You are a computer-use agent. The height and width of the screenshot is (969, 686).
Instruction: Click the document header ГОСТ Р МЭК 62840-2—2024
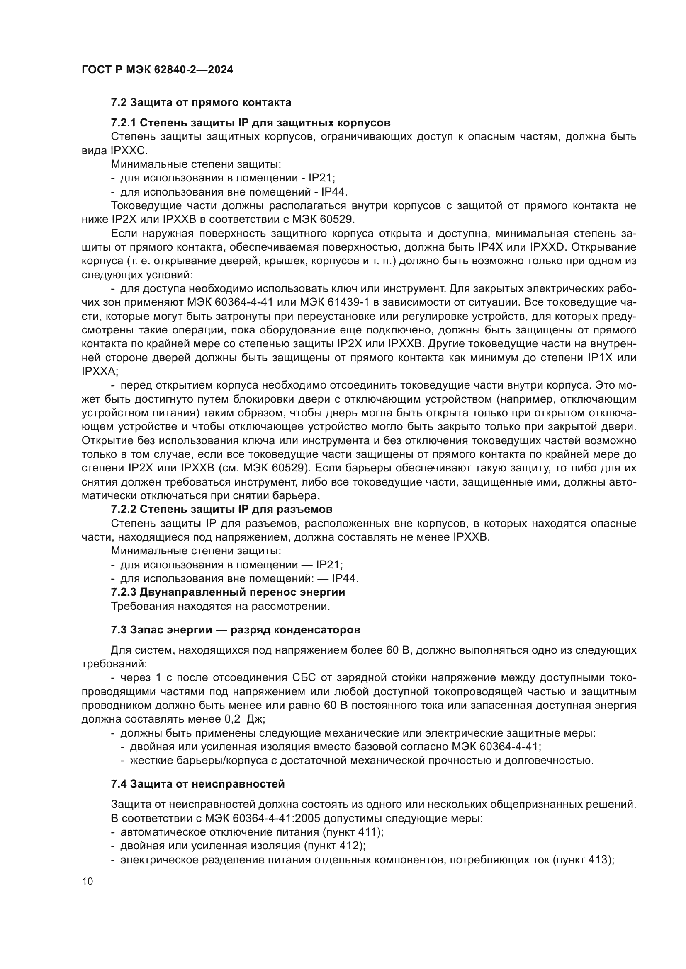pyautogui.click(x=157, y=70)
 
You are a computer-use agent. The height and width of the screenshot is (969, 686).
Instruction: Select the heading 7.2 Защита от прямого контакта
pyautogui.click(x=201, y=103)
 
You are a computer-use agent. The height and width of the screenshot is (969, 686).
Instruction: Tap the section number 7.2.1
pyautogui.click(x=123, y=123)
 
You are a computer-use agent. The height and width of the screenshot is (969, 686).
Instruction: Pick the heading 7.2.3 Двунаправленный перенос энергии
pyautogui.click(x=228, y=592)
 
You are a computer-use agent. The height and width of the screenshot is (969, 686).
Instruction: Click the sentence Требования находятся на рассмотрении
pyautogui.click(x=220, y=607)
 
